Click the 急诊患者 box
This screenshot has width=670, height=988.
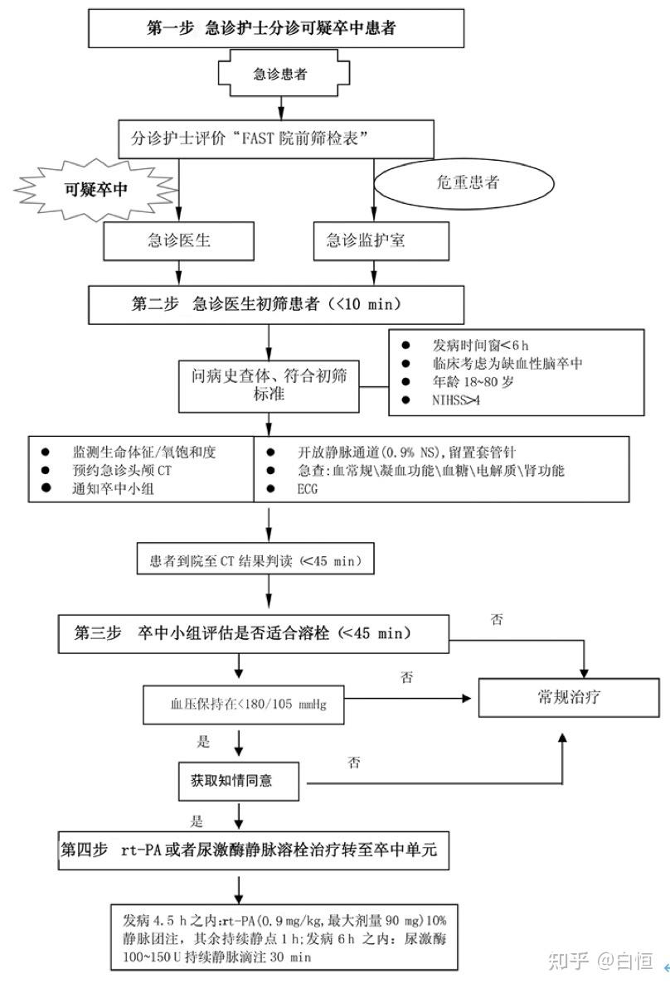[279, 74]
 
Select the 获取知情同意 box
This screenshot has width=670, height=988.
[237, 780]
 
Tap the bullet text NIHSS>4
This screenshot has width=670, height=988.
[455, 400]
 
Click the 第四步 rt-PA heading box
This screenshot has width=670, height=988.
[254, 850]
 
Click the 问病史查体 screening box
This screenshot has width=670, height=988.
[265, 384]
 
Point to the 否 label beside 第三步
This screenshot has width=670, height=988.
[496, 619]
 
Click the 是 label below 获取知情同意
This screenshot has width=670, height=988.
[197, 822]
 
